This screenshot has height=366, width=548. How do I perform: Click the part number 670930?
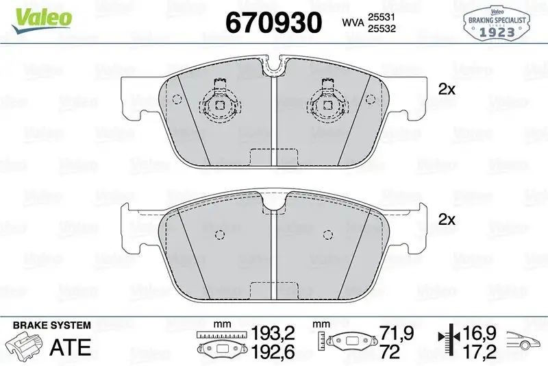point(273,23)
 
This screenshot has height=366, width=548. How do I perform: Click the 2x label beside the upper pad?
point(447,89)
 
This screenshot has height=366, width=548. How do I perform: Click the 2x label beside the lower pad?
point(447,219)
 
